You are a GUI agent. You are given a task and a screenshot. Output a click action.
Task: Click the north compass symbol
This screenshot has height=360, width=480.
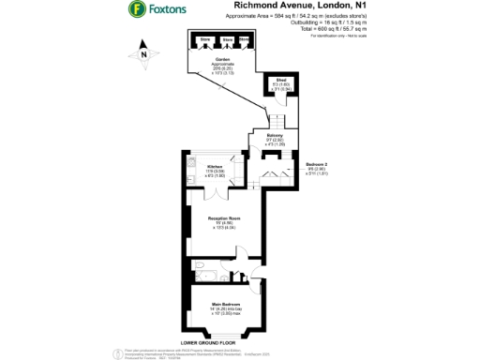pos(142,55)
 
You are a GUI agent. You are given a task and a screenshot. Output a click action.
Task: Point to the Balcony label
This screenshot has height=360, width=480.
pos(262,138)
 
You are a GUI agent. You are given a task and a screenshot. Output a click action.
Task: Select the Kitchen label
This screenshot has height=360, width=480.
pos(215,168)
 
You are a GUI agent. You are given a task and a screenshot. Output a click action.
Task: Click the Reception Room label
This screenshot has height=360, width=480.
pos(222,220)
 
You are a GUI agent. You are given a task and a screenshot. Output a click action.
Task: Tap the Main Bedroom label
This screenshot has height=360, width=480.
pos(223,307)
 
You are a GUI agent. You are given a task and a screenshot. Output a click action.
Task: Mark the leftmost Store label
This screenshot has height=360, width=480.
pos(205,39)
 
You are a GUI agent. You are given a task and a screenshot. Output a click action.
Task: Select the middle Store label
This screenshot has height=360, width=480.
pos(226,39)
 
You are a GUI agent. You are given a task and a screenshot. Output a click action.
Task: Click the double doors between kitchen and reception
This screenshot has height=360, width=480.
pos(217,193)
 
